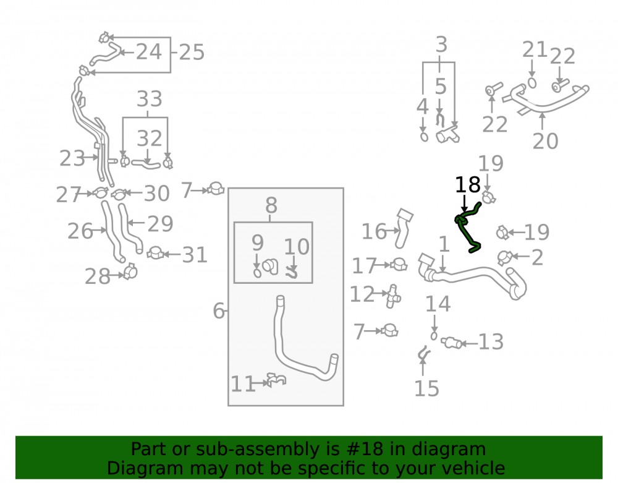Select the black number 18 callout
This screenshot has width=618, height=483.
(467, 184)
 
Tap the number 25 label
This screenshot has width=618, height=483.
(192, 53)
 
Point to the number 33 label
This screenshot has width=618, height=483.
(150, 99)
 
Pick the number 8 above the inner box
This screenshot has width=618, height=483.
(271, 205)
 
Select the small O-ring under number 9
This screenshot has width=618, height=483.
(257, 273)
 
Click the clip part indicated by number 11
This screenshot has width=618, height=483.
(277, 380)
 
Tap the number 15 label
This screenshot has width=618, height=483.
(426, 389)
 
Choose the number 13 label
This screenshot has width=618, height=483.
(491, 342)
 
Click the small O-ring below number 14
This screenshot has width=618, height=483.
(434, 336)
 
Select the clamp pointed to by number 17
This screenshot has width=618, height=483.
(399, 264)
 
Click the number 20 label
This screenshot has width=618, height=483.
(546, 141)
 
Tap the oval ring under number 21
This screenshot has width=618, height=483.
(532, 83)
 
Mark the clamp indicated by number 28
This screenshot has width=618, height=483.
(130, 271)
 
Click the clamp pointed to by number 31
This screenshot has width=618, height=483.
(156, 253)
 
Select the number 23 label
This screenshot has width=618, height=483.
(72, 158)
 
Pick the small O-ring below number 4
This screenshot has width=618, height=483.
(424, 137)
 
